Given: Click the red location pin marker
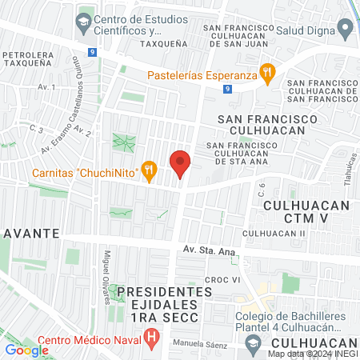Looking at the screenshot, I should tap(181, 163).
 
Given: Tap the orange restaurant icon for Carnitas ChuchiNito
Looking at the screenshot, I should tap(148, 170).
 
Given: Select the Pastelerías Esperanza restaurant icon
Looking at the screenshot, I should tap(268, 75).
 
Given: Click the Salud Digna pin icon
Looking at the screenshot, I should tap(346, 30).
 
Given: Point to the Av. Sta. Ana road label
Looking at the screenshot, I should tap(209, 250).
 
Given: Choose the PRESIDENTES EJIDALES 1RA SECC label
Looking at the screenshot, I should tap(164, 300).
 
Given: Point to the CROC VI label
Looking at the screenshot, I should tap(222, 280).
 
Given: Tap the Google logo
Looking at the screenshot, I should tap(26, 350).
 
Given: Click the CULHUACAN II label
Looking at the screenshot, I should tap(275, 233).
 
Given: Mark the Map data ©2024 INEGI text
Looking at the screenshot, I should tap(313, 354).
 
